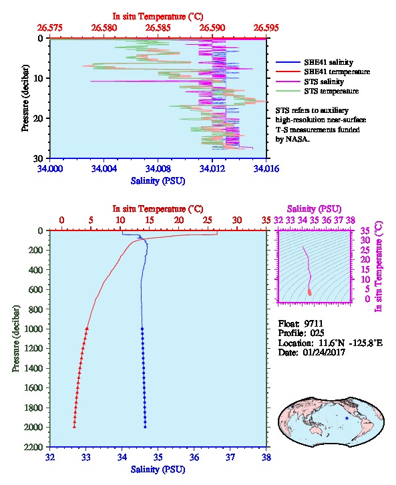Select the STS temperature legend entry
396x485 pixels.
[x=317, y=91]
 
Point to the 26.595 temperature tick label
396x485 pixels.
[x=266, y=28]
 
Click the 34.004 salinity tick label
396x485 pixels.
[x=104, y=168]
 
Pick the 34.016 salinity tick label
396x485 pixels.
[x=266, y=168]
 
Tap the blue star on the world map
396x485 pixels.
[x=347, y=418]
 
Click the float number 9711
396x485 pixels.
[x=313, y=323]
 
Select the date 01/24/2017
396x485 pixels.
[x=324, y=352]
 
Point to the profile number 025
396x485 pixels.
[x=317, y=333]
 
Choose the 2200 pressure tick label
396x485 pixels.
[x=33, y=447]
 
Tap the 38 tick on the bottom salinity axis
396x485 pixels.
[x=266, y=457]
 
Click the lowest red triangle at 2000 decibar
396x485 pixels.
[x=74, y=427]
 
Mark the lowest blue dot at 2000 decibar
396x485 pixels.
[x=145, y=427]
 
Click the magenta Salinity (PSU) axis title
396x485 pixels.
[x=314, y=209]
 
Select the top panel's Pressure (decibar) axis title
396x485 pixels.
[x=25, y=98]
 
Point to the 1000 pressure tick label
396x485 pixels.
[x=33, y=329]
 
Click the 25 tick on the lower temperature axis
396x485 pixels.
[x=208, y=220]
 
